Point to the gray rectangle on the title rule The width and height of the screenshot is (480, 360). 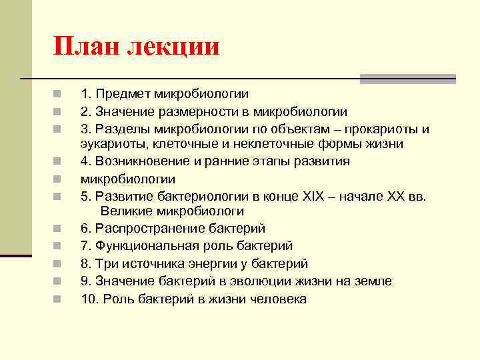(407, 79)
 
